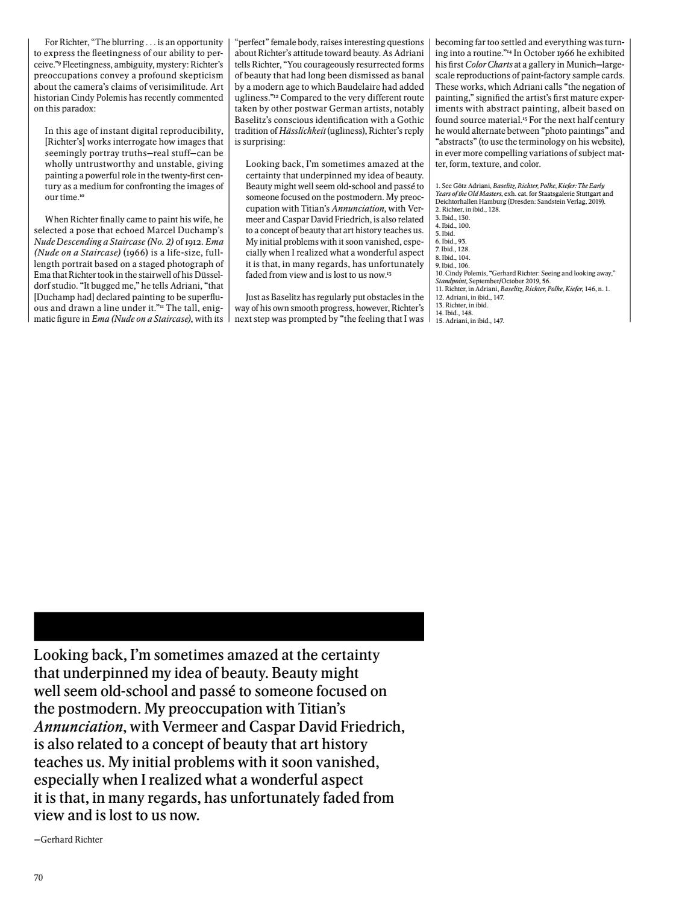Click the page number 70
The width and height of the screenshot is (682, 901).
[38, 877]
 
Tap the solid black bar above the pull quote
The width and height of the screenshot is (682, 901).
[229, 626]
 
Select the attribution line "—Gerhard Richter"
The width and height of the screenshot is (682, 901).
[68, 840]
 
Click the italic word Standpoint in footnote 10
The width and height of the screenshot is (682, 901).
[452, 281]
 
